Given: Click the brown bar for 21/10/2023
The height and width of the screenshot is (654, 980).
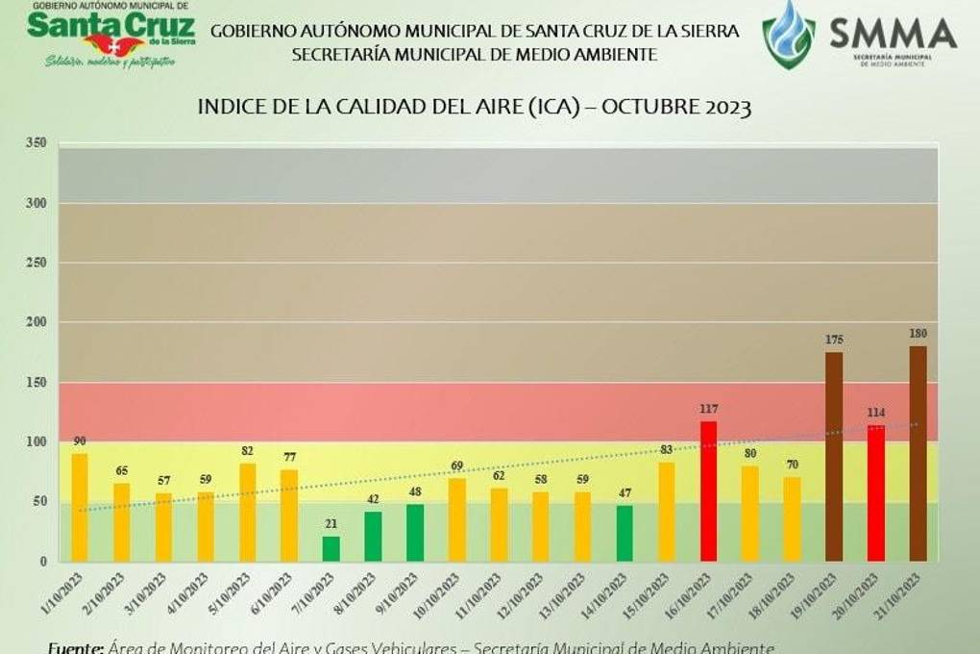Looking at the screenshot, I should click(918, 453).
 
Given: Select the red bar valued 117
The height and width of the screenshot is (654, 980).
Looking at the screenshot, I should click(708, 490).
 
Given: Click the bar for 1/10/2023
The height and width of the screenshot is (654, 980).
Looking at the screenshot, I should click(80, 507).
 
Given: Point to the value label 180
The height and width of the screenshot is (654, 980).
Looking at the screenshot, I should click(918, 334).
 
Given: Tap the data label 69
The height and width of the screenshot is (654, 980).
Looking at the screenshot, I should click(457, 466).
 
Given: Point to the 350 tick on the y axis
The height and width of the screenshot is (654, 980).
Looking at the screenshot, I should click(37, 143).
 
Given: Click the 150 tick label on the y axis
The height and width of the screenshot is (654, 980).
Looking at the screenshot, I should click(37, 383).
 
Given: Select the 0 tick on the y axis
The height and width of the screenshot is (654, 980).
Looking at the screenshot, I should click(43, 562).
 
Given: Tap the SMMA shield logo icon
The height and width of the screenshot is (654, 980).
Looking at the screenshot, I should click(788, 35).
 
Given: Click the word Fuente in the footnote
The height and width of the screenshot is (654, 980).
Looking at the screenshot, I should click(76, 647).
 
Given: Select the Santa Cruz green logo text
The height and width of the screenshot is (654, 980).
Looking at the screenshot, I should click(110, 25).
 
